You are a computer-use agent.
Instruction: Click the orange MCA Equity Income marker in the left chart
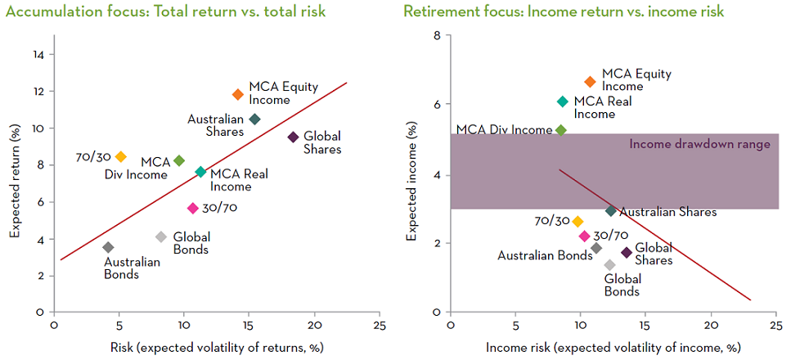[x=238, y=94]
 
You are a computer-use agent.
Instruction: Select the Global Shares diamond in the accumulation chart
[x=293, y=137]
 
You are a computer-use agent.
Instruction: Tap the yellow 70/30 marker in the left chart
[x=121, y=156]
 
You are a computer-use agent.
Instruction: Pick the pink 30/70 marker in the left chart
[x=193, y=208]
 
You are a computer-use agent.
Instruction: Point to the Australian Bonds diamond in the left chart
[x=108, y=247]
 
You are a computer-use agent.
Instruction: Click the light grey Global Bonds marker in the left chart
[x=161, y=237]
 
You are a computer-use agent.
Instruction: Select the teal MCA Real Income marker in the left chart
[x=200, y=172]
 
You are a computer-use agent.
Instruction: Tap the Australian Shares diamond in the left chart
[x=254, y=119]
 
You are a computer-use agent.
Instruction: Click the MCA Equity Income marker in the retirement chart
[x=590, y=81]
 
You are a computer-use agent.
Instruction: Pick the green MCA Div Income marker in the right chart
[x=560, y=130]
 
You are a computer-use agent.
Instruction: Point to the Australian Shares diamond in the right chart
[x=610, y=211]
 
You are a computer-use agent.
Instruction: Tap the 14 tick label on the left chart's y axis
[x=38, y=55]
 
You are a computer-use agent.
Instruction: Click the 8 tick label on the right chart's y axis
[x=438, y=36]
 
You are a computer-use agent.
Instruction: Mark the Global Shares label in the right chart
[x=653, y=254]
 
